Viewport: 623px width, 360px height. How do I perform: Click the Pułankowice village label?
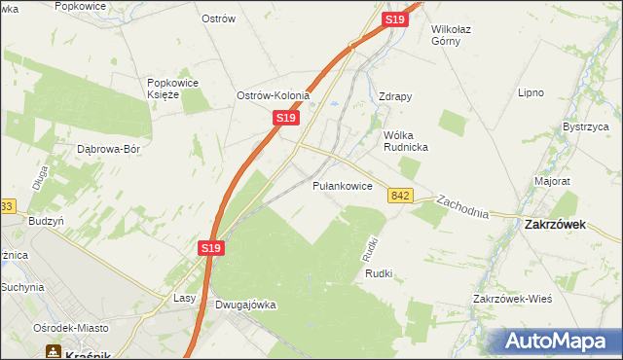click(x=343, y=185)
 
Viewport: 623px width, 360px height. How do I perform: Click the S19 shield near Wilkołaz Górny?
click(x=393, y=19)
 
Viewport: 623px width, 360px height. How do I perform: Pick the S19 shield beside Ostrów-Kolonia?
click(x=283, y=117)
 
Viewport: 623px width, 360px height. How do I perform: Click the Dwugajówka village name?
click(x=244, y=305)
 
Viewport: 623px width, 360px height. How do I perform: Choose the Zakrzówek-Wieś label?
click(x=512, y=298)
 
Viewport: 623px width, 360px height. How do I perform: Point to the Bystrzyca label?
click(x=585, y=126)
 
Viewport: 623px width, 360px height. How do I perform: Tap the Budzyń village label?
click(x=46, y=221)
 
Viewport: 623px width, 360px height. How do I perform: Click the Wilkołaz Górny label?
click(x=458, y=35)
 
